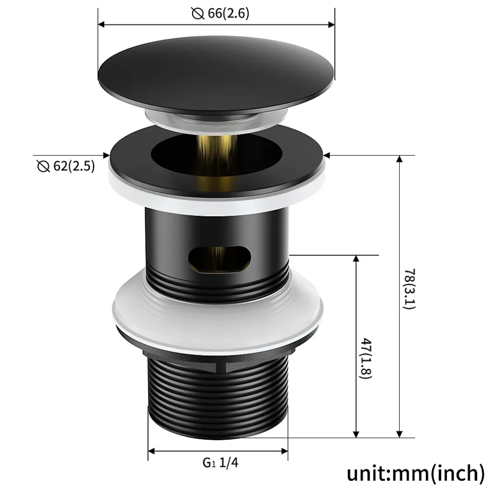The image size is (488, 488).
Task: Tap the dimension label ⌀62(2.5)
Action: pos(66,166)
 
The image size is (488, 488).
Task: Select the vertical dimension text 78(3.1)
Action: pos(409,289)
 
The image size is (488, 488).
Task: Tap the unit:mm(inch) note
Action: pos(415,473)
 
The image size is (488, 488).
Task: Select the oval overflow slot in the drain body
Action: pos(220,257)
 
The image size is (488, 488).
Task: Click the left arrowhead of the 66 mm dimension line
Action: pos(102,24)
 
